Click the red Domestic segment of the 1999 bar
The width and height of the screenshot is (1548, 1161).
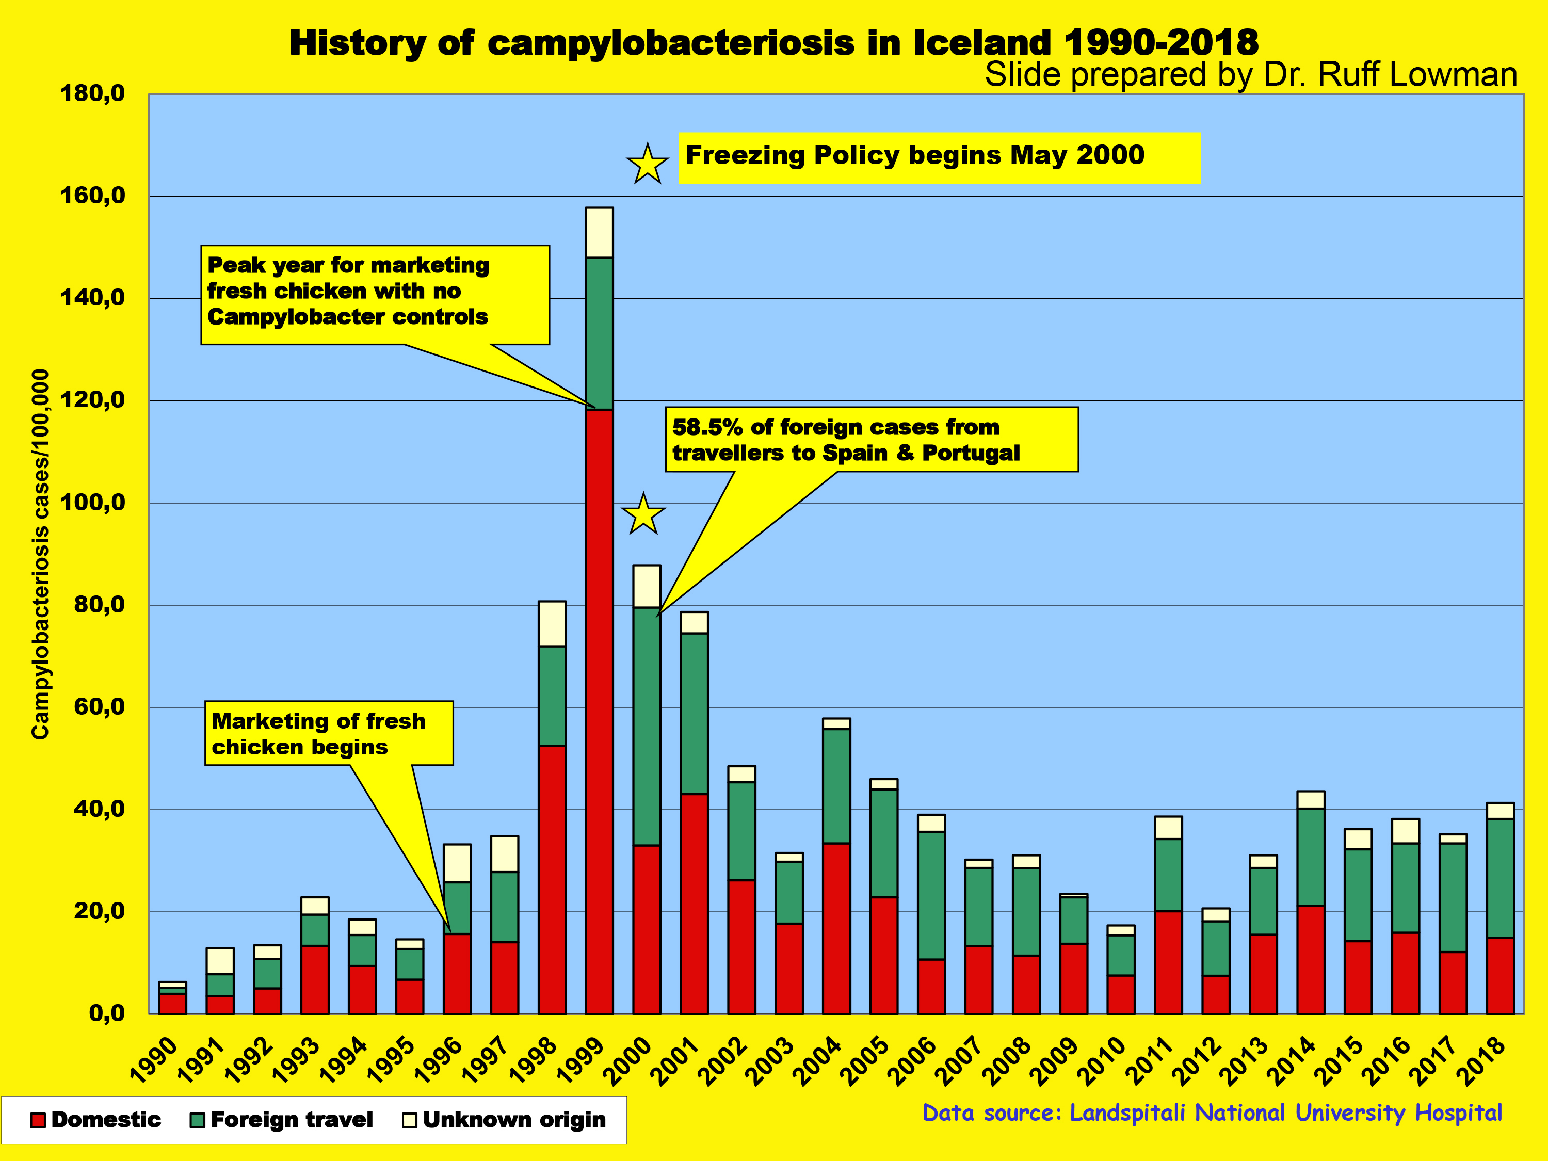tap(599, 711)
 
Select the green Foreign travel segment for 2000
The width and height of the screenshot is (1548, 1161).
tap(646, 725)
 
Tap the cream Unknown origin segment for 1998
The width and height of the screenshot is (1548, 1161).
tap(552, 623)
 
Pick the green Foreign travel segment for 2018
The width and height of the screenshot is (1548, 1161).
tap(1499, 878)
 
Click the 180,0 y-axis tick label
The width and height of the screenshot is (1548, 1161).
tap(92, 93)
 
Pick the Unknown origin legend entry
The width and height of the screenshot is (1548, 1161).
tap(504, 1120)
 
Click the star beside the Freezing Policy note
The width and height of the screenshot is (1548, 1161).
tap(648, 165)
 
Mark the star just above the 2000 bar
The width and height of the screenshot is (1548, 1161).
tap(643, 514)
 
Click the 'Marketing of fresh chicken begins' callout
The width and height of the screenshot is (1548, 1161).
tap(328, 733)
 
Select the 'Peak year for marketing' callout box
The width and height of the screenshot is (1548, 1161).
tap(375, 294)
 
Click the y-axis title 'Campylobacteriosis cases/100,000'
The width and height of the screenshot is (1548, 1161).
tap(41, 553)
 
